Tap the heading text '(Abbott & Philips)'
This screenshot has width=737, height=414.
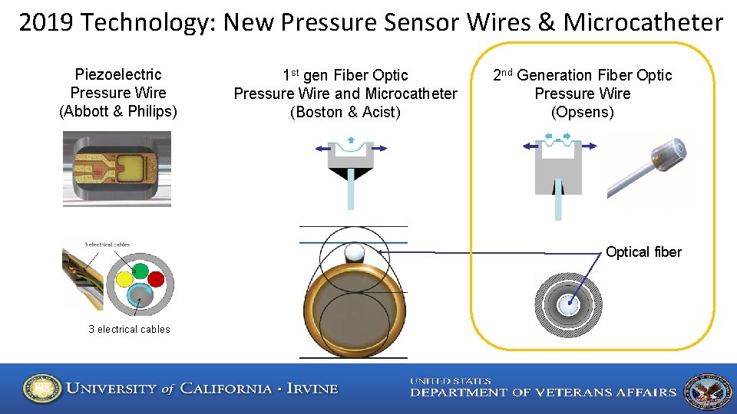pos(118,112)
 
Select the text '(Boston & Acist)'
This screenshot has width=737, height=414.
pos(345,113)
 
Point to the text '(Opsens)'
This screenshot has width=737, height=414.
pos(582,113)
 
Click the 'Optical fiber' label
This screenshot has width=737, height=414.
pos(643,252)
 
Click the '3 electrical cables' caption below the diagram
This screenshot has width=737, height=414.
pos(129,330)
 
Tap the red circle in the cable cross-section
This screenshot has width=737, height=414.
pos(157,278)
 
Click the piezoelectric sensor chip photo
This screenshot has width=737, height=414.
pos(117,169)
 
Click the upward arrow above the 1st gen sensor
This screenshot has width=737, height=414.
pos(351,140)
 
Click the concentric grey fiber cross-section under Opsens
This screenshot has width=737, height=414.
pos(568,304)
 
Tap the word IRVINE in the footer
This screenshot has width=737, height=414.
pos(312,389)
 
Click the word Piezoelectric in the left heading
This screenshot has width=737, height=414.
pos(118,75)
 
